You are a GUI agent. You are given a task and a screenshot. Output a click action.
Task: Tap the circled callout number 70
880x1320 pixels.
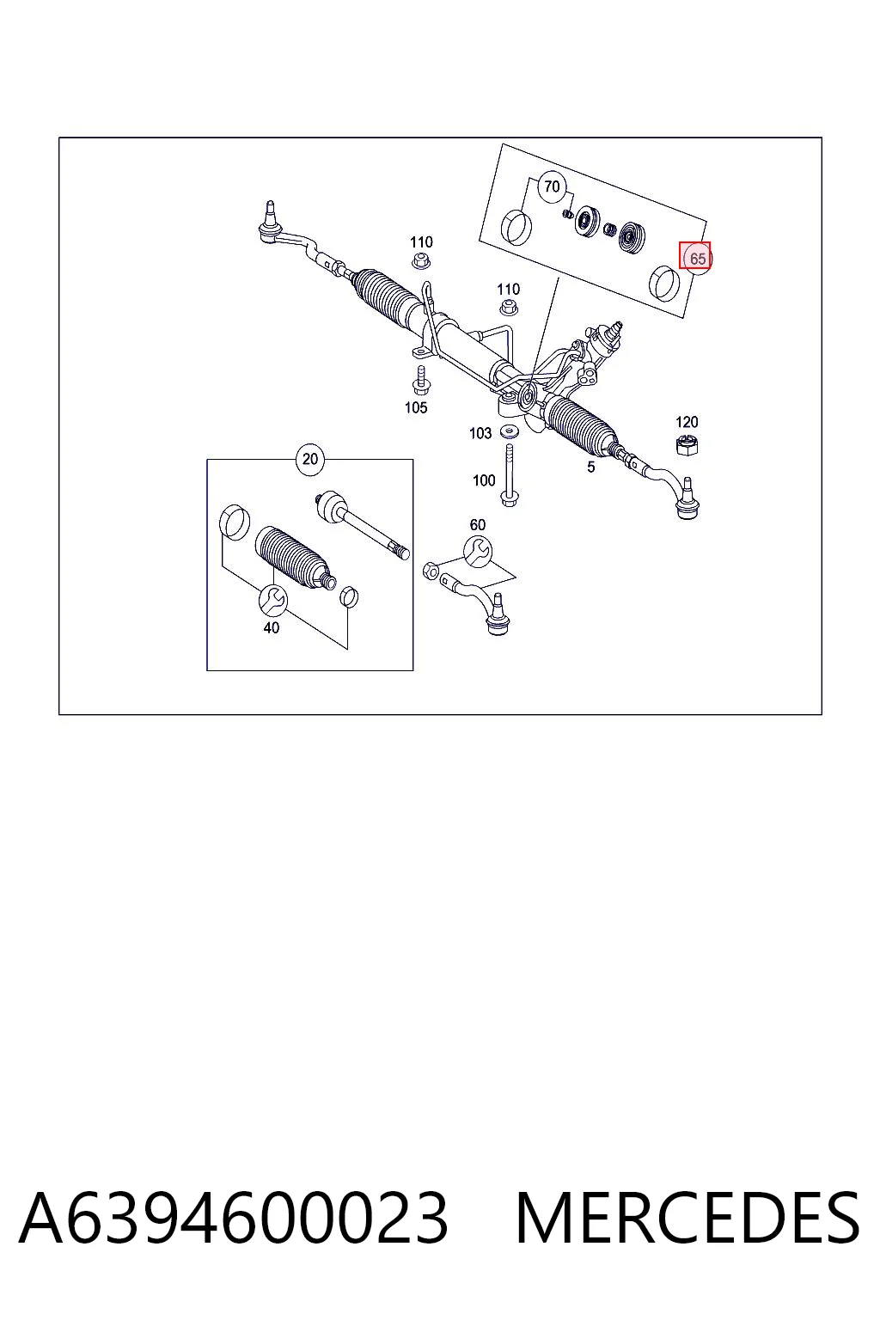click(x=551, y=186)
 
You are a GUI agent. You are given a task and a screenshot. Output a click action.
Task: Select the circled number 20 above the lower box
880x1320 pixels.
click(x=310, y=458)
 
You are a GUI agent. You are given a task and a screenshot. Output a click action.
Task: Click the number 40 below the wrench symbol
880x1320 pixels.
click(x=271, y=627)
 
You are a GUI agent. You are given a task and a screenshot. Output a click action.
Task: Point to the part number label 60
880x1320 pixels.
click(x=478, y=524)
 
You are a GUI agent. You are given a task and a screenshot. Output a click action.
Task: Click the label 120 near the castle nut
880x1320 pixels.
click(x=687, y=422)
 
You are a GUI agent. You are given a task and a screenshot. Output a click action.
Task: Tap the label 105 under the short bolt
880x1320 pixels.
click(x=416, y=407)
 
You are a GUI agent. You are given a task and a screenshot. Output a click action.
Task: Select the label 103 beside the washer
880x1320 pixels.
click(x=480, y=434)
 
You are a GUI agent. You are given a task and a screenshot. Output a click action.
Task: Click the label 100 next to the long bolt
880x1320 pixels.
click(x=484, y=480)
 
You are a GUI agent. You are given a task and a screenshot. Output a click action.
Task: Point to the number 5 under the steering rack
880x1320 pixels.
click(x=590, y=467)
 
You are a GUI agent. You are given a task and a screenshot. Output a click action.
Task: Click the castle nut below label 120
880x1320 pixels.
click(x=687, y=444)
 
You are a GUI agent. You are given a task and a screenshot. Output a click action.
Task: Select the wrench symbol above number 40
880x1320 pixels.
click(x=273, y=601)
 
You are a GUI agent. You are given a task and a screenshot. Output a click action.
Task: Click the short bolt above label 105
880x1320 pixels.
click(x=421, y=380)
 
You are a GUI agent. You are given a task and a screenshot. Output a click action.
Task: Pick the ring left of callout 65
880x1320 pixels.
click(x=665, y=283)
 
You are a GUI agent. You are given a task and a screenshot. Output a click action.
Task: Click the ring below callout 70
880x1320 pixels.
click(x=516, y=227)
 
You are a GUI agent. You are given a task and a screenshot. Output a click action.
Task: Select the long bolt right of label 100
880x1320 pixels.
click(x=509, y=475)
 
